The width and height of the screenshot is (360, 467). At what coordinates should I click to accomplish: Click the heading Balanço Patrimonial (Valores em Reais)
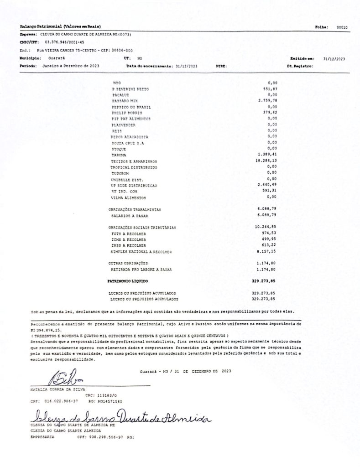pyautogui.click(x=60, y=27)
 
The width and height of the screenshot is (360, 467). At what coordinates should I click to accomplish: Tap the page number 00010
pyautogui.click(x=342, y=27)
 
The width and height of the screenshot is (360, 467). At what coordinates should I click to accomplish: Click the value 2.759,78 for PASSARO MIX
pyautogui.click(x=268, y=100)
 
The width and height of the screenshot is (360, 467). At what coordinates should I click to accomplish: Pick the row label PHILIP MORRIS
pyautogui.click(x=127, y=112)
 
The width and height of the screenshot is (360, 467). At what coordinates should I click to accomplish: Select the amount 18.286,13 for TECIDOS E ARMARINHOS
pyautogui.click(x=267, y=161)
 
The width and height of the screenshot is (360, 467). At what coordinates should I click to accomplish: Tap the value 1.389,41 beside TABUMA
pyautogui.click(x=268, y=155)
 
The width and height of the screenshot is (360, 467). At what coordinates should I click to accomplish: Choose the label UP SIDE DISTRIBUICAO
pyautogui.click(x=135, y=186)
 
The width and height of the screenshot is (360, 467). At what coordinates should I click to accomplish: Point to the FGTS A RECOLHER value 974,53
pyautogui.click(x=270, y=233)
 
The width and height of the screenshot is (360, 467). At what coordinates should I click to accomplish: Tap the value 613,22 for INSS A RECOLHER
pyautogui.click(x=270, y=245)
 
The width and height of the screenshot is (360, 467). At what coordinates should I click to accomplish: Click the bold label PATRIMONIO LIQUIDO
pyautogui.click(x=128, y=281)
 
